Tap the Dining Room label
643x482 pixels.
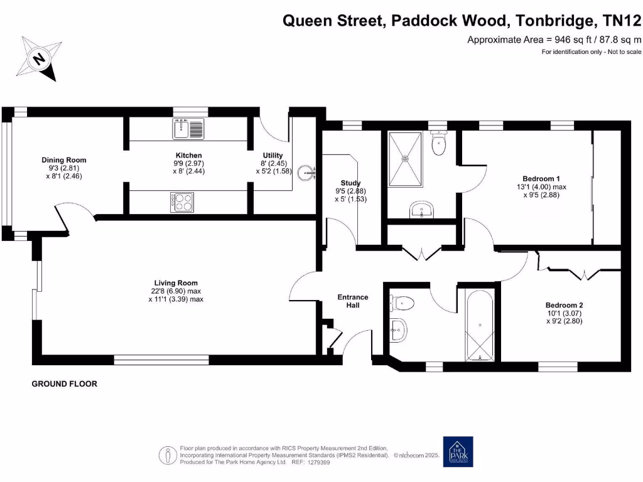tap(63, 160)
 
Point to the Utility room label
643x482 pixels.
tap(273, 155)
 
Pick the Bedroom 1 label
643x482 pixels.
tap(540, 178)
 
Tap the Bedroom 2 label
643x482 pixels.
tap(563, 305)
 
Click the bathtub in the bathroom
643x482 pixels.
tap(480, 326)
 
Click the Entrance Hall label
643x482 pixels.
tap(353, 301)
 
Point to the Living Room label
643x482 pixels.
tap(171, 282)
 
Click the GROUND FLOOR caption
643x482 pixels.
tap(65, 383)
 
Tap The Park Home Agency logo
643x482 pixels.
tap(458, 451)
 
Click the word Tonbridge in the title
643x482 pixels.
tap(553, 21)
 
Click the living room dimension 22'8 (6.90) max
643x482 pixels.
tap(171, 291)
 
